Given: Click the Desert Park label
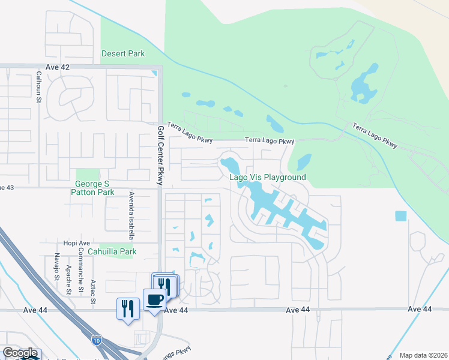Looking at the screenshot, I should pos(123,53).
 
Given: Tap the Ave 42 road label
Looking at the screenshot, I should pos(58,67).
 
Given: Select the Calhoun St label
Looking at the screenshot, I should pos(38,88).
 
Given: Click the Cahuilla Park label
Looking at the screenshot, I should pos(112,252).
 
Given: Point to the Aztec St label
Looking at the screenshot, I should pos(92,290).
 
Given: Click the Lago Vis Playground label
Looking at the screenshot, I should pos(268,177).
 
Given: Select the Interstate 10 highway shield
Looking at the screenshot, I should pos(97,341).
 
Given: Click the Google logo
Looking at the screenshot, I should pos(20,353).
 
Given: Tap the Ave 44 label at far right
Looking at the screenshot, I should pos(419,308).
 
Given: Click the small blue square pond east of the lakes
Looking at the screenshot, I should pos(400,216).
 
